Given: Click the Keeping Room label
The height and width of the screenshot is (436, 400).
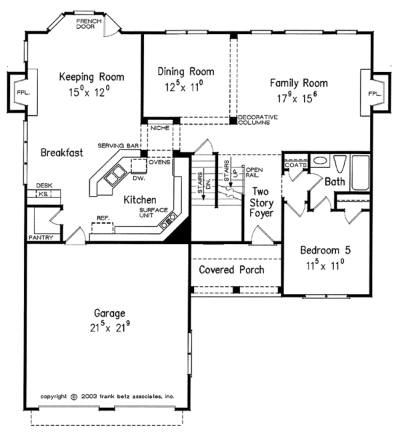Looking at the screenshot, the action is click(x=91, y=77).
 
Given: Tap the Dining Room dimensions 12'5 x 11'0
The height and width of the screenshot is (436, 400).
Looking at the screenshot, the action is click(x=184, y=87).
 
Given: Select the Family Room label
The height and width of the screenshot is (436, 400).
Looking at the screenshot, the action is click(x=299, y=83).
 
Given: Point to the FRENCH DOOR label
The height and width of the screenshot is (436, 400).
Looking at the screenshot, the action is click(x=89, y=24).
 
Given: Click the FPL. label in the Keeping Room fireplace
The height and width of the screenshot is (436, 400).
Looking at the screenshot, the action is click(x=23, y=92).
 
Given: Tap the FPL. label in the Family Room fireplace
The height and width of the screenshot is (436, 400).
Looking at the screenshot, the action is click(x=375, y=94).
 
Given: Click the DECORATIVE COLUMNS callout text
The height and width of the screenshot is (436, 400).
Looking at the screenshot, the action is click(x=258, y=119).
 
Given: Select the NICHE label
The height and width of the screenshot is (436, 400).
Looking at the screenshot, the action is click(x=160, y=128).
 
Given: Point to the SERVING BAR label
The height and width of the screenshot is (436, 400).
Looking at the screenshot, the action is click(x=118, y=145).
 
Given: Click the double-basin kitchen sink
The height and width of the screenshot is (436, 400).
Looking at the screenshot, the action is click(x=115, y=175).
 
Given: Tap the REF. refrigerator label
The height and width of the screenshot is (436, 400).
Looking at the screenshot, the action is click(x=103, y=218).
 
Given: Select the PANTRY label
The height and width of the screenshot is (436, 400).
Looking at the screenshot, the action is click(x=41, y=237).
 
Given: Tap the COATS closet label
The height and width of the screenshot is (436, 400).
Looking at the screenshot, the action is click(x=296, y=165).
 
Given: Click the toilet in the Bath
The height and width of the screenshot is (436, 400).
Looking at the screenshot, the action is click(x=340, y=164).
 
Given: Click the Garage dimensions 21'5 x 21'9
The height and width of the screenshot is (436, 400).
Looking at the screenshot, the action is click(x=110, y=327).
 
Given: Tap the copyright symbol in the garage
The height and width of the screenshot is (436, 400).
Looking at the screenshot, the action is click(x=74, y=397).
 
